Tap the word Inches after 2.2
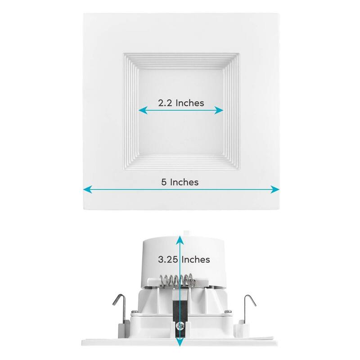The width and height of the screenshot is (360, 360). pos(189,103)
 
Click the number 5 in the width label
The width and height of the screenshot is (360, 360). pos(164,182)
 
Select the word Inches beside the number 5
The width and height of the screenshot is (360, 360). pos(184,182)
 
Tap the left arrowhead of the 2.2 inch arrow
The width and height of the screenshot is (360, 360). pos(140,110)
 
